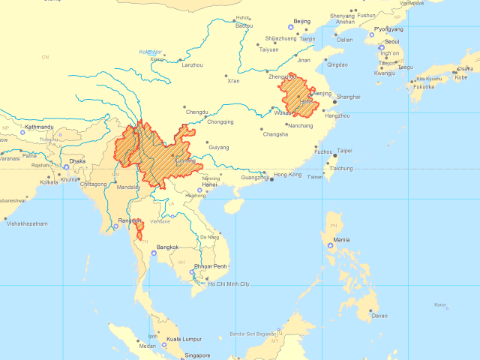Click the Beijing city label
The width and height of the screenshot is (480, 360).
[301, 22]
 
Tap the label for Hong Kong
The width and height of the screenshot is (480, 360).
[287, 175]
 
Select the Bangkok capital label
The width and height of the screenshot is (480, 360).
[167, 247]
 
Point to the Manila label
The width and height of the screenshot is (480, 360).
[340, 240]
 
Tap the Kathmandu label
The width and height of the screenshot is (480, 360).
[38, 127]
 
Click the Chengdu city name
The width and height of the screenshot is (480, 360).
[197, 112]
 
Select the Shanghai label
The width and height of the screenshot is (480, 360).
[349, 97]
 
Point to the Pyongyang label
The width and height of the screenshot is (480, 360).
[388, 29]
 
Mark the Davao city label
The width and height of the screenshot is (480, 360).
[380, 316]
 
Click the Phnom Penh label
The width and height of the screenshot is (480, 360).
[211, 266]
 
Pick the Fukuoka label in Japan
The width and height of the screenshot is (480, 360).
[424, 86]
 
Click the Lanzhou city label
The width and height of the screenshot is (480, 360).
[192, 65]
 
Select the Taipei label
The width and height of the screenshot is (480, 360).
[344, 150]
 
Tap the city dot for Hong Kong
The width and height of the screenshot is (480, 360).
[272, 180]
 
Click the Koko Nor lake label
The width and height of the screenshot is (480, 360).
[151, 52]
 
